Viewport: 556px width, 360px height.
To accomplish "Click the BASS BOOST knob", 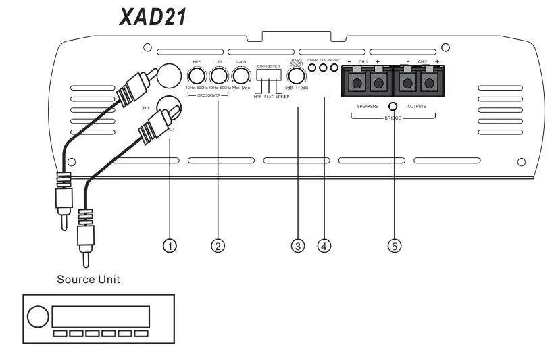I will pos(295,78).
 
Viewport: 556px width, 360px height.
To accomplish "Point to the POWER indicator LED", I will pos(312,68).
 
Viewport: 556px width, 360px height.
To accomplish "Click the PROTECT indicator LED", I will pos(334,68).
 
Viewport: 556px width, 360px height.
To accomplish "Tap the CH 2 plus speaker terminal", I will pos(428,83).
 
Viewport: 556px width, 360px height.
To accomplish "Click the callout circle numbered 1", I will pos(172,246).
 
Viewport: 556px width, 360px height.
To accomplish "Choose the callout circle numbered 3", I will pos(297,246).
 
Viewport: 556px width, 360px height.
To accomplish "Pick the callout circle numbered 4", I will pos(325,246).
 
